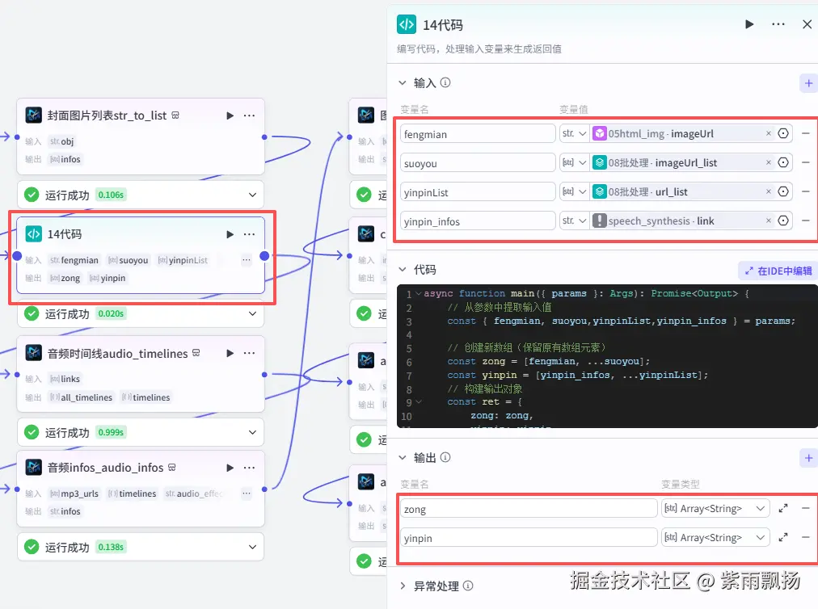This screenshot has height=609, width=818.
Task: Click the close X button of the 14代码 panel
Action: coord(807,25)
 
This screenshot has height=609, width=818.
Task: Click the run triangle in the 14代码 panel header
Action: coord(749,25)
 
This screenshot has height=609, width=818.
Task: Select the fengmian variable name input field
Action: coord(478,134)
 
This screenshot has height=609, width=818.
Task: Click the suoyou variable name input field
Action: coord(478,163)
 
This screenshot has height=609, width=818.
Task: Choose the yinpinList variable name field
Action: coord(478,192)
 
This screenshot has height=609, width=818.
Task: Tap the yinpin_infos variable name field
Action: coord(478,221)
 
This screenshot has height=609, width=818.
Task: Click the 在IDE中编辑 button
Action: coord(777,271)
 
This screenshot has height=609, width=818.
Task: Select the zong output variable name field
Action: coord(529,509)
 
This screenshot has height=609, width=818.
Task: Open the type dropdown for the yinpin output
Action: coord(715,538)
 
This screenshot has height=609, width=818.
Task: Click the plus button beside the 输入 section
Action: coord(807,83)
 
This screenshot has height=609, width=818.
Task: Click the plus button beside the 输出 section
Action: coord(807,458)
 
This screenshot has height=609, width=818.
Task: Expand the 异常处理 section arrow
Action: coord(403,586)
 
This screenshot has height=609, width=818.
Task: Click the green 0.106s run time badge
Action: coord(111,195)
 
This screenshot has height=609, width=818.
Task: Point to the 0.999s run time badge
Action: coord(111,433)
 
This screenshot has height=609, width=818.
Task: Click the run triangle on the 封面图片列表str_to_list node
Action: coord(230,115)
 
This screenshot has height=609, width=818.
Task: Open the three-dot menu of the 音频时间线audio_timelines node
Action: coord(250,354)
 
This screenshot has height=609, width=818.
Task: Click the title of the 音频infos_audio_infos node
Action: coord(105,468)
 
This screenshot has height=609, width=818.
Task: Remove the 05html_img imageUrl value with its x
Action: coord(769,134)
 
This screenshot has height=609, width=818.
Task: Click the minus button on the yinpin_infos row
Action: coord(805,221)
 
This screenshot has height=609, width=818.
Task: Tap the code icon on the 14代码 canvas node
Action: coord(34,234)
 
